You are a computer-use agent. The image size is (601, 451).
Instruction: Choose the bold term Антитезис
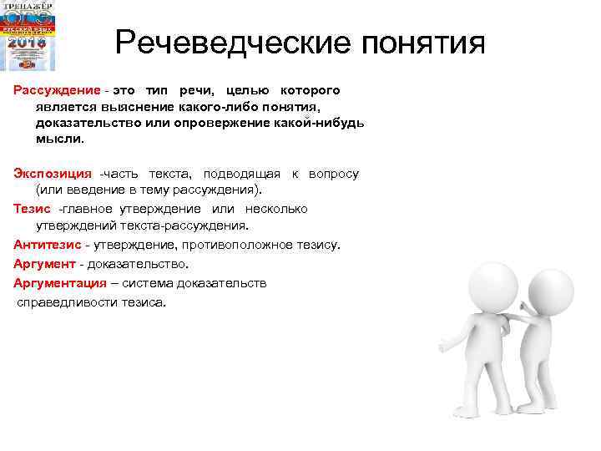[x=47, y=245]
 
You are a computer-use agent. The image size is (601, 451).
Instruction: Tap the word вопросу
[x=333, y=174]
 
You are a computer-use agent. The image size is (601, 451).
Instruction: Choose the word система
[x=156, y=283]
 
